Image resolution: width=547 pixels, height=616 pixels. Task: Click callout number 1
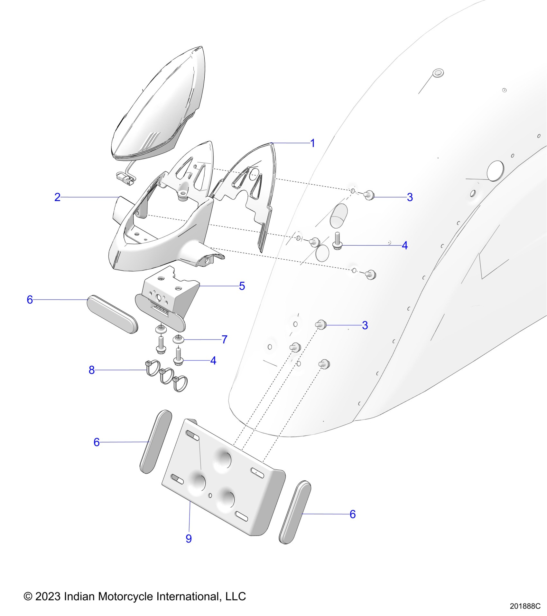click(312, 143)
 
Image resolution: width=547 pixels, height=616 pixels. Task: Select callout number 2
click(57, 197)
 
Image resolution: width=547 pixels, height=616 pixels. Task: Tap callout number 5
click(242, 286)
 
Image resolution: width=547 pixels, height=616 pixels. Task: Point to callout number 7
click(225, 339)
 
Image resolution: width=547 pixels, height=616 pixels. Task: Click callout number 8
click(92, 370)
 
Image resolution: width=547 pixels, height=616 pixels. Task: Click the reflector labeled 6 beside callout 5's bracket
click(112, 314)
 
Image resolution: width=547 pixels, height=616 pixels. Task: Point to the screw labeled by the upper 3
click(369, 195)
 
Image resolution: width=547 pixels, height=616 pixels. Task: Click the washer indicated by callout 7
click(178, 339)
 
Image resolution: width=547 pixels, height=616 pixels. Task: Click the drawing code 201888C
click(525, 606)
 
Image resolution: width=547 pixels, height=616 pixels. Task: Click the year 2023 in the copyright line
click(48, 596)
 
